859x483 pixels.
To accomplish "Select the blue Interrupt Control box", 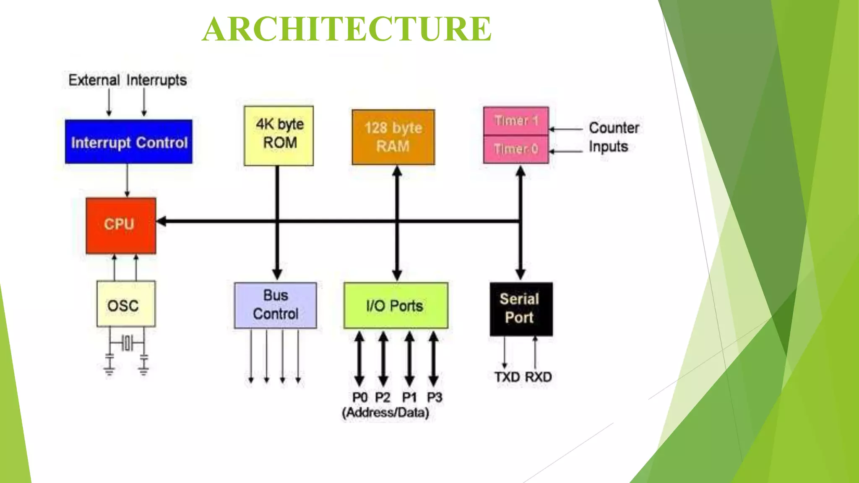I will (129, 142).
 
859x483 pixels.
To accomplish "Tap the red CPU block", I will (121, 226).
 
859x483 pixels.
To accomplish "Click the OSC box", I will (126, 304).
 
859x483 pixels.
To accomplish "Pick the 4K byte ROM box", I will (279, 135).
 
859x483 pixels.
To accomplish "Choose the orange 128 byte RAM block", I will (393, 137).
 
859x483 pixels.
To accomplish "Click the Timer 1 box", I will (516, 121).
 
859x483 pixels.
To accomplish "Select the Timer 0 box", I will (516, 149).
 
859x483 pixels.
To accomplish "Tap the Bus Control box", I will (276, 305).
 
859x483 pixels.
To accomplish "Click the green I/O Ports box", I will (396, 305).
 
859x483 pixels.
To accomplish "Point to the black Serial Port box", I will (521, 309).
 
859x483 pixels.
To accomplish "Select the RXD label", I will (538, 377).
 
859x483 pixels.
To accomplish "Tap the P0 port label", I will (359, 397).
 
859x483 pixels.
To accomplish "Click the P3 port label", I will (435, 397).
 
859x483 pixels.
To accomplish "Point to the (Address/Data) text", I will (385, 413).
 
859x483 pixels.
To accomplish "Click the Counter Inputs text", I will (613, 137).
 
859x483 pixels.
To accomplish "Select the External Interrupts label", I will (128, 80).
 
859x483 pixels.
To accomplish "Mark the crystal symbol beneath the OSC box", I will (127, 343).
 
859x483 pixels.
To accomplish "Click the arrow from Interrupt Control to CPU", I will (128, 180).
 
